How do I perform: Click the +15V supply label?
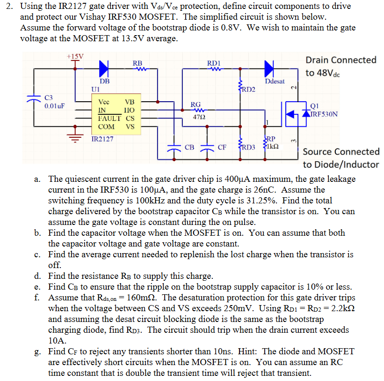(75, 56)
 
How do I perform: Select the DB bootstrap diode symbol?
(102, 68)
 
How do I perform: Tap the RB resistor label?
(138, 63)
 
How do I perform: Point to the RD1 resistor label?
(214, 63)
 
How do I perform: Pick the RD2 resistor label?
(247, 89)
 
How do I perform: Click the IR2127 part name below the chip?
(102, 139)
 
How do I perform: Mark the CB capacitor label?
(189, 147)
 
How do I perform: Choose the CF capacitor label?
(222, 147)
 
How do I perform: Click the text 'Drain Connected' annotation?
(341, 60)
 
